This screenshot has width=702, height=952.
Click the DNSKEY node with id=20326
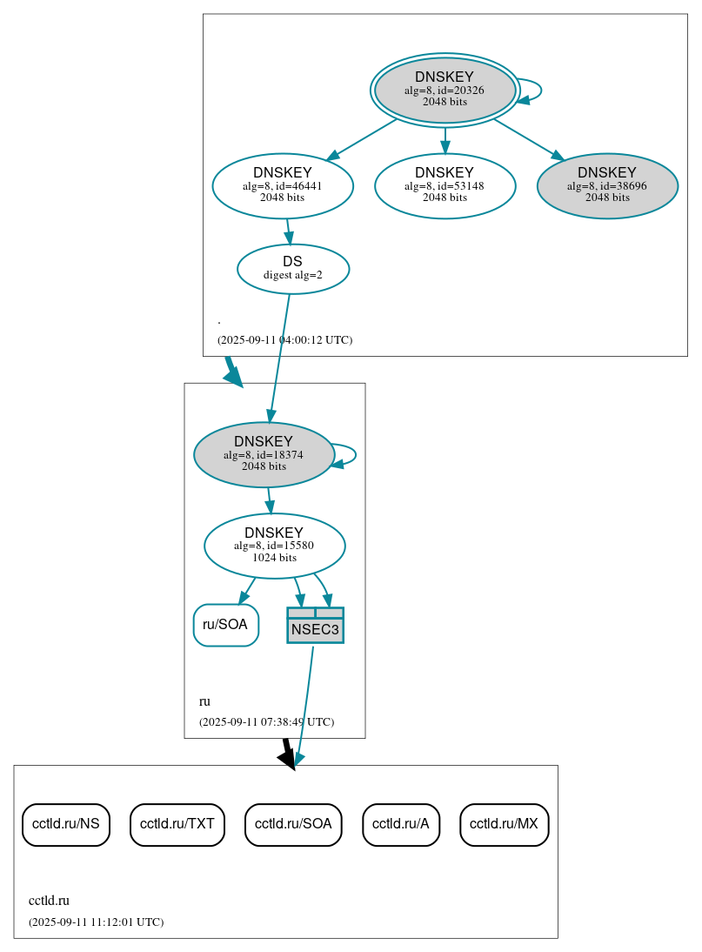445,90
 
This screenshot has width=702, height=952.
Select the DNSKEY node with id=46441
283,184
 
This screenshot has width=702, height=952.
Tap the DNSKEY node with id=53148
445,184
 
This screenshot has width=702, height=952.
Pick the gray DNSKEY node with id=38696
607,184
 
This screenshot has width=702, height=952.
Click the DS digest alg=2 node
293,268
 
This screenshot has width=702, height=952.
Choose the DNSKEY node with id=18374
264,454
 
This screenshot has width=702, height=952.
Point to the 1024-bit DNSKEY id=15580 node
274,546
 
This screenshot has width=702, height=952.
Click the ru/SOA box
225,625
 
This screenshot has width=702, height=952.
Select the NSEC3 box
315,626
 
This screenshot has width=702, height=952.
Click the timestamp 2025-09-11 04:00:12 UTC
284,340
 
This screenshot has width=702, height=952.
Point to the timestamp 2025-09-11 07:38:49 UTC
266,722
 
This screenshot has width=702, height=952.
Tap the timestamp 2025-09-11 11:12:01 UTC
96,922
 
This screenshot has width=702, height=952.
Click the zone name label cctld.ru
49,901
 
